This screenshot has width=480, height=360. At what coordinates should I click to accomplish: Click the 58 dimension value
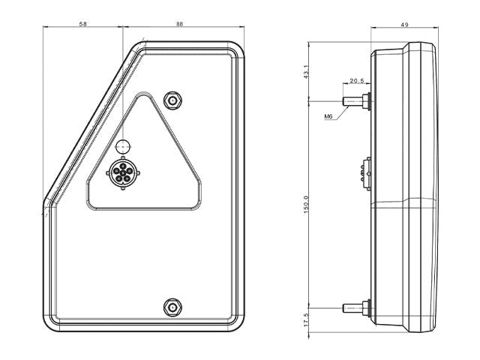click(82, 24)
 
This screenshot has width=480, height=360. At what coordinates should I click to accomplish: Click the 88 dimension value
click(179, 24)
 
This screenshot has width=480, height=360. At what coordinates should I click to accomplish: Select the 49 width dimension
click(404, 25)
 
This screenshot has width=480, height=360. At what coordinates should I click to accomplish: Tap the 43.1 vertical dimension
click(307, 71)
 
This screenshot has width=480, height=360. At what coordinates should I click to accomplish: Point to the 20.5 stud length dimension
click(357, 81)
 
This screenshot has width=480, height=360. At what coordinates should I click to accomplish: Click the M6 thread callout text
click(328, 116)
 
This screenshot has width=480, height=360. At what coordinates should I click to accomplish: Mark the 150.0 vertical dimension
click(307, 205)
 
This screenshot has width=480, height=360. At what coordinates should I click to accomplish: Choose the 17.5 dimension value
click(307, 319)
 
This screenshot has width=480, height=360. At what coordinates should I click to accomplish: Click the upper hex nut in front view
click(172, 100)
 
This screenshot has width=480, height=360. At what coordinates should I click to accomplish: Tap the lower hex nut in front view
click(172, 307)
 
